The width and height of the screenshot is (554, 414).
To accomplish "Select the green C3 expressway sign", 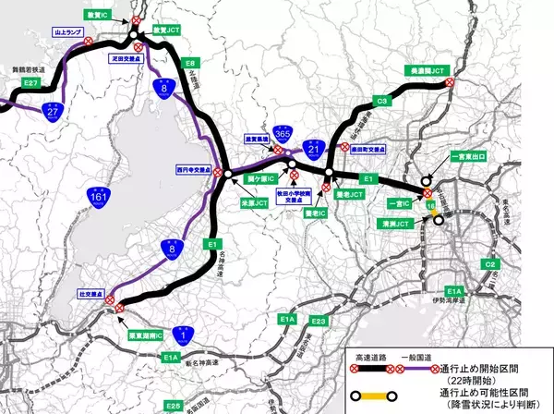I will tap(380, 99).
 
